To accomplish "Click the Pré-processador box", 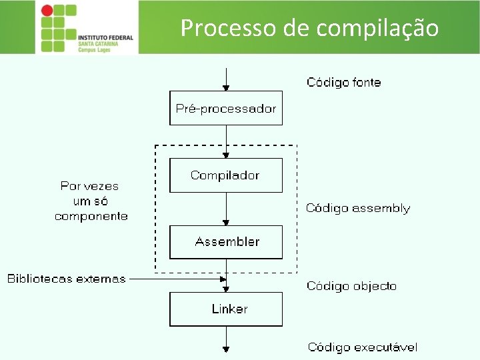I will tap(226, 108).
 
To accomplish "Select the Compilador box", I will tap(226, 175).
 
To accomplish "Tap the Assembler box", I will tap(226, 242).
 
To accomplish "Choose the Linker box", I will tap(226, 309).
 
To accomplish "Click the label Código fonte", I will tap(343, 83).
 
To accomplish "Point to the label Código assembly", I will tap(357, 208).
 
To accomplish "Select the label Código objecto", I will tap(351, 286).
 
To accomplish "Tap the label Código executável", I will tap(362, 347).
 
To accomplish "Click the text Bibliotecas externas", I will tap(66, 279).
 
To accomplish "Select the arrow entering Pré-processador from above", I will tap(227, 79).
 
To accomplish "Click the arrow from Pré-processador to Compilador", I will tap(227, 141).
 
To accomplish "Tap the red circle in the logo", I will tap(47, 11).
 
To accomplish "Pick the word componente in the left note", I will tap(91, 216).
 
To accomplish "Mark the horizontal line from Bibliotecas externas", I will tap(176, 279).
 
